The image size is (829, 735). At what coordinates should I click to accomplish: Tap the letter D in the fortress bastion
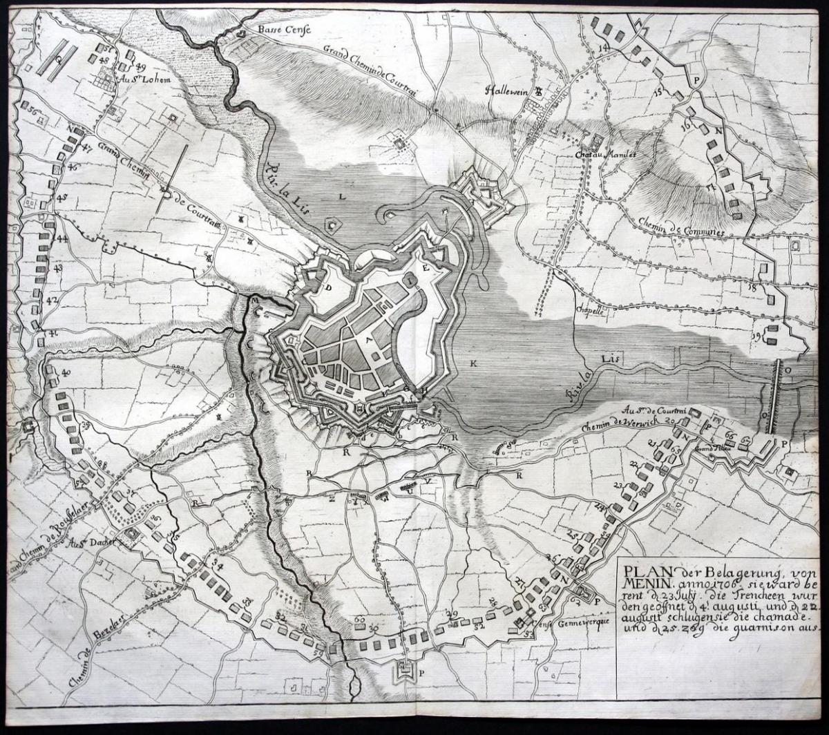(330, 287)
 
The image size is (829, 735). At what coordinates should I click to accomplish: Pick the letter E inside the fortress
(426, 267)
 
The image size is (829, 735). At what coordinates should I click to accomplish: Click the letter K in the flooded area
(474, 363)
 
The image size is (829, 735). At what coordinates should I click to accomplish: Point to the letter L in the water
(341, 196)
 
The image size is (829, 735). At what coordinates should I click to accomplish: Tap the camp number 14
(604, 47)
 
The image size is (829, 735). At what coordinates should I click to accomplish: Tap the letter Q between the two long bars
(59, 59)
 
